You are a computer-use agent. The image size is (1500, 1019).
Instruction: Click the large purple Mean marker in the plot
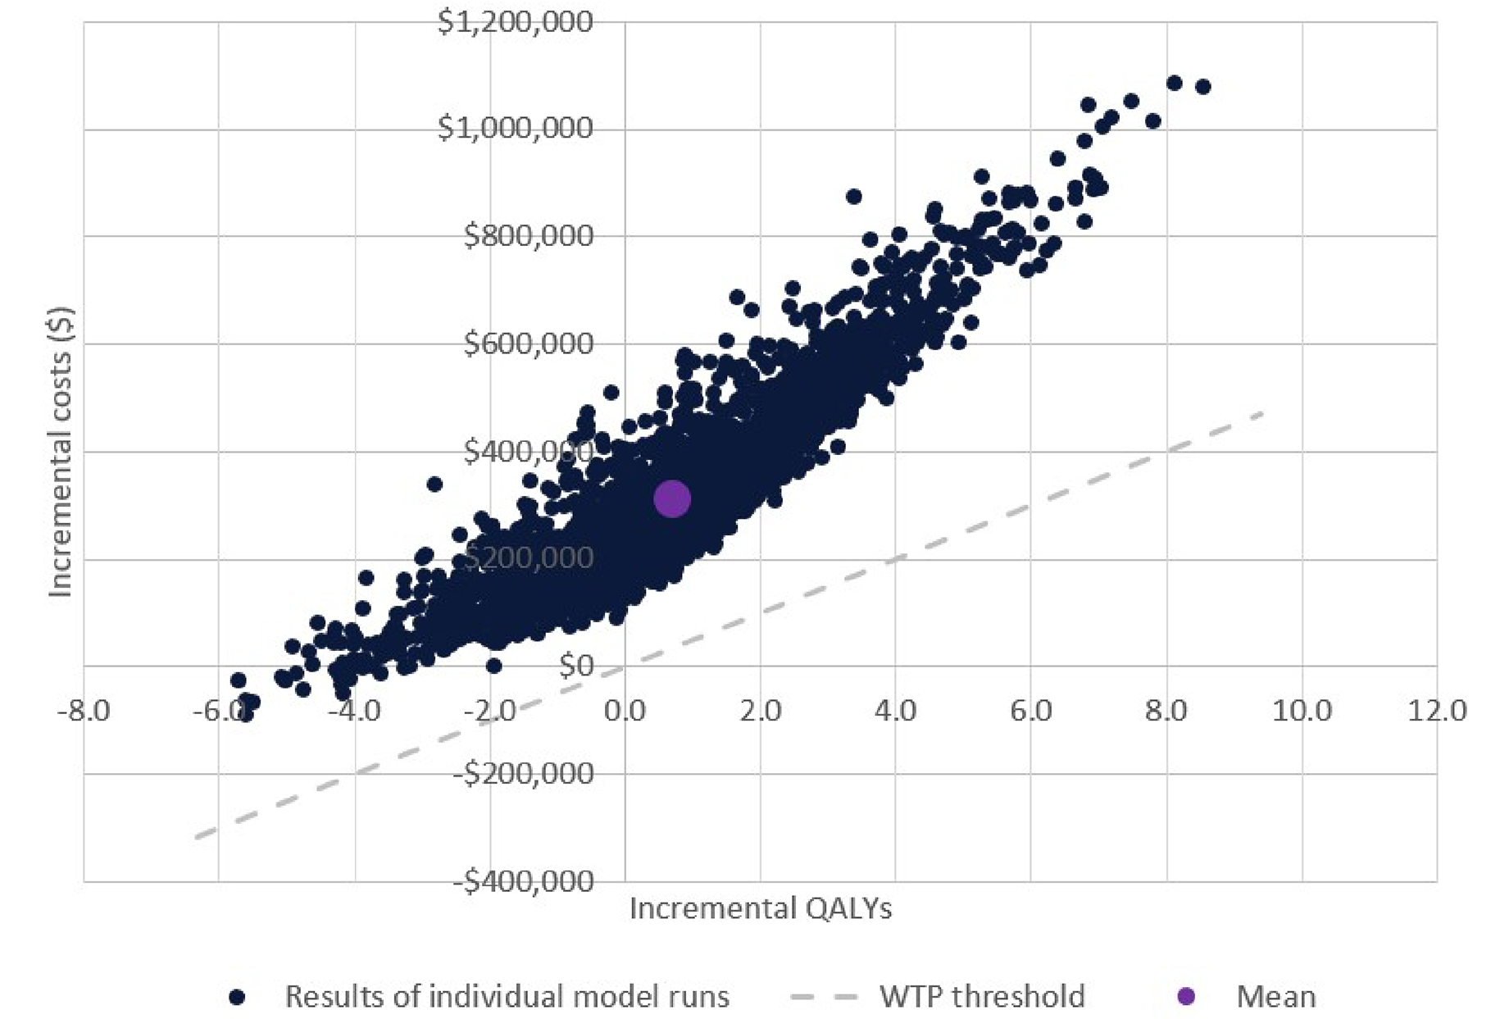tap(672, 498)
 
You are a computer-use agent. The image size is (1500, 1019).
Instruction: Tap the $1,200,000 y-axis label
tap(515, 21)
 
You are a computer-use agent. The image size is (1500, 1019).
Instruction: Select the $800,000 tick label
tap(528, 236)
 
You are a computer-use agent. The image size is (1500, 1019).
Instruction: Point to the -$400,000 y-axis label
tap(523, 881)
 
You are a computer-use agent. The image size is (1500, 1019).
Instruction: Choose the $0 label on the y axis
tap(575, 666)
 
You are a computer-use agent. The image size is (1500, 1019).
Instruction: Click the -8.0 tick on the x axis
tap(83, 710)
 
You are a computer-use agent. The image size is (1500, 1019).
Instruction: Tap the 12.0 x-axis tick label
tap(1436, 710)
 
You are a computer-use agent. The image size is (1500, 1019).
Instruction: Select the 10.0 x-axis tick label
tap(1301, 710)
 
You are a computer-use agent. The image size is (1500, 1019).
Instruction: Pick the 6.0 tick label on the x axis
tap(1030, 710)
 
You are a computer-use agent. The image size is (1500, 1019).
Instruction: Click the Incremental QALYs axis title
tap(760, 908)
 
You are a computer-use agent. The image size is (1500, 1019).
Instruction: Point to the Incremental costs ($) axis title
tap(60, 452)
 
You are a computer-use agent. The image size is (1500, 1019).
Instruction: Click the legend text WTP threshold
tap(982, 996)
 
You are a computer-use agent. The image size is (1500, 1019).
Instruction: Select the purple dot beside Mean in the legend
tap(1185, 996)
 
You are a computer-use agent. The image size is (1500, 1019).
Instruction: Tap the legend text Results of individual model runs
tap(507, 996)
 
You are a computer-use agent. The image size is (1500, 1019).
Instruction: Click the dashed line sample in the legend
tap(824, 996)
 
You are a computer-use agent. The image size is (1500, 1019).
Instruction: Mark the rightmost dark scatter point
tap(1202, 87)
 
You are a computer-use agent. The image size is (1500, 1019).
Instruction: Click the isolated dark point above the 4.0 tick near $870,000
tap(853, 197)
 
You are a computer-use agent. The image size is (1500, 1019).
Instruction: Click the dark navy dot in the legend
tap(237, 997)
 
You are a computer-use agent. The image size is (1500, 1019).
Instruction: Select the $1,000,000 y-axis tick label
tap(515, 128)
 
